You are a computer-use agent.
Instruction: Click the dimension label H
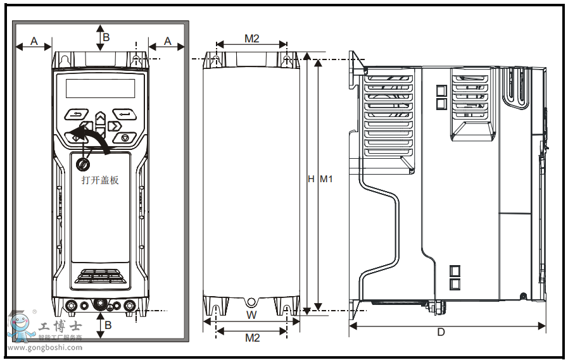pyautogui.click(x=311, y=179)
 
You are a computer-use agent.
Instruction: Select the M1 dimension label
pyautogui.click(x=326, y=179)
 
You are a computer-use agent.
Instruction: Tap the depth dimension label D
pyautogui.click(x=441, y=332)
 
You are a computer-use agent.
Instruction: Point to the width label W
pyautogui.click(x=251, y=314)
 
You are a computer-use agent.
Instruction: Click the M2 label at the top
pyautogui.click(x=252, y=39)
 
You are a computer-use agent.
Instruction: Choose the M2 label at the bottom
pyautogui.click(x=252, y=338)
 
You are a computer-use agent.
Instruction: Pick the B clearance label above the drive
pyautogui.click(x=106, y=37)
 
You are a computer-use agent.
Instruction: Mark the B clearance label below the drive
pyautogui.click(x=108, y=325)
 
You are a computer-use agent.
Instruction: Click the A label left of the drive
pyautogui.click(x=34, y=40)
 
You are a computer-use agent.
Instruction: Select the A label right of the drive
pyautogui.click(x=168, y=40)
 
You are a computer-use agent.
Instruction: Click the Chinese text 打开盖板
pyautogui.click(x=100, y=180)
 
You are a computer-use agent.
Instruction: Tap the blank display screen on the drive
pyautogui.click(x=100, y=88)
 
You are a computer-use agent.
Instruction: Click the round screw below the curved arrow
pyautogui.click(x=82, y=164)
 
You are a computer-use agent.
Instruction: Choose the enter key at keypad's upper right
pyautogui.click(x=124, y=115)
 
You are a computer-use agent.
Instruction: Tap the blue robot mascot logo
pyautogui.click(x=22, y=327)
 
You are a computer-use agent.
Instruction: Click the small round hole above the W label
pyautogui.click(x=251, y=302)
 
